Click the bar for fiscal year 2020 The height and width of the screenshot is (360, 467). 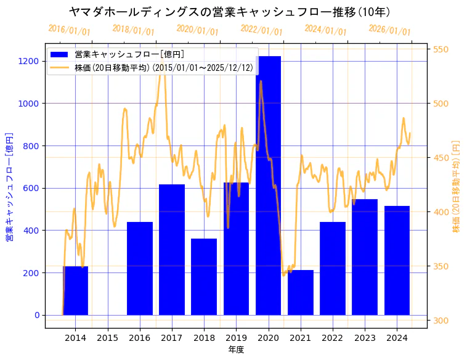(268, 185)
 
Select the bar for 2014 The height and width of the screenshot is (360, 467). (75, 290)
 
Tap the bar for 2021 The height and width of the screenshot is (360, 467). (300, 292)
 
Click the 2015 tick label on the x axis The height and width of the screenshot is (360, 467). (107, 338)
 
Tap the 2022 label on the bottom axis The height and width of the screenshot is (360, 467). (332, 338)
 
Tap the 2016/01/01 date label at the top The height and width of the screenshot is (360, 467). (69, 30)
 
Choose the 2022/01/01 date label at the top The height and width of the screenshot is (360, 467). (261, 30)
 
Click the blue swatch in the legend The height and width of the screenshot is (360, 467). (60, 55)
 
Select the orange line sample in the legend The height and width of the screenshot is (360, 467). (60, 67)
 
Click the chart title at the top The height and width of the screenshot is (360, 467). (229, 12)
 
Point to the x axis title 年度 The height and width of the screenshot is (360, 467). (237, 350)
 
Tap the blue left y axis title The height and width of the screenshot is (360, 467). (9, 186)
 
